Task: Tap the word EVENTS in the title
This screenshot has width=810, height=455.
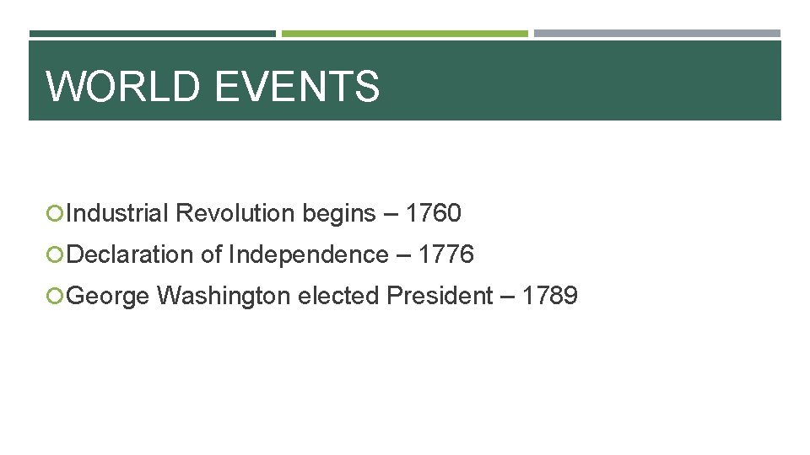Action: click(298, 86)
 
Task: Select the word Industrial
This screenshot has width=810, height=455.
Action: click(117, 214)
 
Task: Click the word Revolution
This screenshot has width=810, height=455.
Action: click(235, 214)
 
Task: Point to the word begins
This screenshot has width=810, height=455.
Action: click(339, 214)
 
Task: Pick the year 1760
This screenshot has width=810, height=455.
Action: click(433, 214)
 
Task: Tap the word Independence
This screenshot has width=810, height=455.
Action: click(308, 254)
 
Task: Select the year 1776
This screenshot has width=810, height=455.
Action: click(445, 254)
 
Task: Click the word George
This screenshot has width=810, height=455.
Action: click(108, 296)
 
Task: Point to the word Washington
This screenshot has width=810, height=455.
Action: click(222, 296)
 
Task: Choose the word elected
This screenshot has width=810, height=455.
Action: click(337, 296)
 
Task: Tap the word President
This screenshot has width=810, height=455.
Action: click(440, 296)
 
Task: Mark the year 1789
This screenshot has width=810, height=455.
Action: click(549, 296)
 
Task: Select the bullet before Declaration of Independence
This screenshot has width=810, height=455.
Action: click(57, 255)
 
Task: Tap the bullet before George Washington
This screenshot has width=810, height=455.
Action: click(57, 297)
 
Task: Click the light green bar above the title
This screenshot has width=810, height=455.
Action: click(404, 34)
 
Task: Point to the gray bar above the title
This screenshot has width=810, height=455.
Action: click(657, 34)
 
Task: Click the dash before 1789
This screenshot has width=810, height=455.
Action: click(507, 297)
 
